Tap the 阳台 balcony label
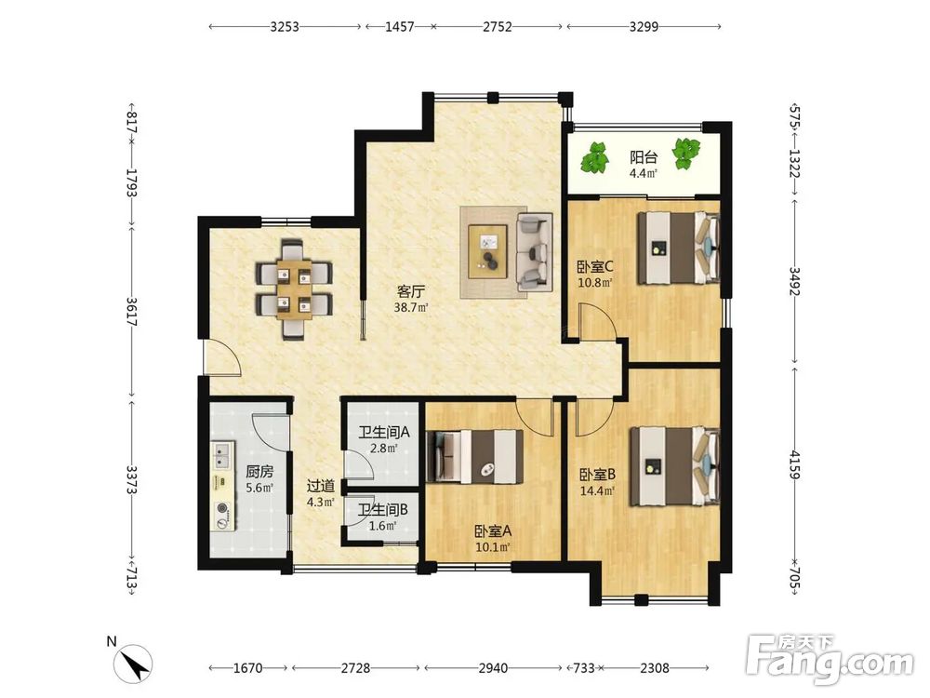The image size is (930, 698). pos(644,157)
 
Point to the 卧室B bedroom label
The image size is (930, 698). pos(597,475)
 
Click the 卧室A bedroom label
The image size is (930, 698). pos(493,531)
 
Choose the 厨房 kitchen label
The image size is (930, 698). pos(259,472)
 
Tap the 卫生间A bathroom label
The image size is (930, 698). pos(384,432)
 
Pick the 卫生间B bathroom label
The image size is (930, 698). pos(382,510)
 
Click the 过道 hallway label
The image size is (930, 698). pos(320,486)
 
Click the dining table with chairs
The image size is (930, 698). pos(294,289)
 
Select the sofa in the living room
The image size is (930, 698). pos(535,251)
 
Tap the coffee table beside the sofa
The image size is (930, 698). pos(487,251)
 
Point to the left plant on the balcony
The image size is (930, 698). pos(595,156)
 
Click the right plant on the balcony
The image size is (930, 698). pos(686,154)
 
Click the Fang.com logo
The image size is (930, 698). pos(830,660)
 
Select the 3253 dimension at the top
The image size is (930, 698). pos(285,27)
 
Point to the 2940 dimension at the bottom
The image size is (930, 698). pos(493,668)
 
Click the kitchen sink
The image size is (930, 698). pos(223,456)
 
